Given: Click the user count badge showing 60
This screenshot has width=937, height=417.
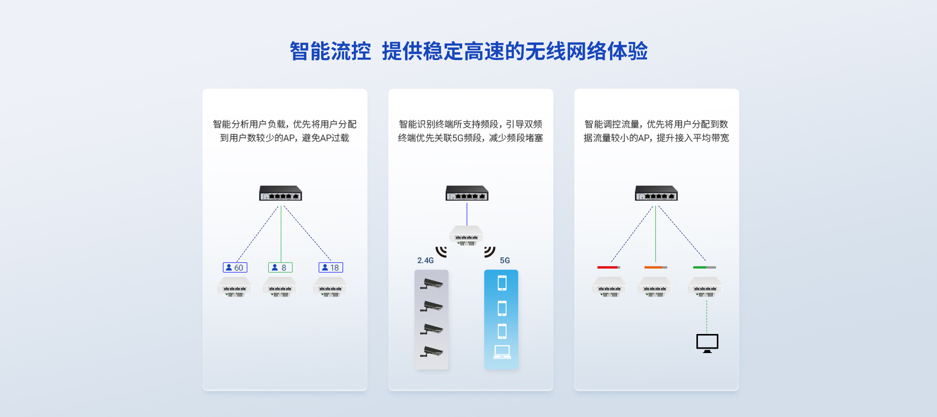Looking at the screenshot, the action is click(x=235, y=268).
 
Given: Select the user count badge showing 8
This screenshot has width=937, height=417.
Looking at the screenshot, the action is click(x=280, y=268).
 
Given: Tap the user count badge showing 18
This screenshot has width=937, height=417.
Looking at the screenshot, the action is click(x=331, y=268).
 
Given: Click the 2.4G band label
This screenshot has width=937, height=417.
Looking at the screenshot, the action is click(x=426, y=261).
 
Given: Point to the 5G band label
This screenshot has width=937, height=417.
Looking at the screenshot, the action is click(x=505, y=261).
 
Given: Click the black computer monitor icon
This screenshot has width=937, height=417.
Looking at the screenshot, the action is click(x=707, y=343).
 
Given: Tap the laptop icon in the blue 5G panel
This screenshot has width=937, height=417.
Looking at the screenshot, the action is click(x=502, y=352).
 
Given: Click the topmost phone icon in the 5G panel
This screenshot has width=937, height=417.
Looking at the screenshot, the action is click(x=502, y=283).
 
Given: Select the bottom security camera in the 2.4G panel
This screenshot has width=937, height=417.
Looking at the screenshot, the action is click(x=431, y=352).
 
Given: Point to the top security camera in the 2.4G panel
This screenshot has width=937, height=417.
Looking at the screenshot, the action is click(x=431, y=283).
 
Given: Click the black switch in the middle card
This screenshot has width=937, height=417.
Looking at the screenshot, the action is click(x=467, y=193).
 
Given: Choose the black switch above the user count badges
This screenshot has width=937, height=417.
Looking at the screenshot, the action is click(x=281, y=193).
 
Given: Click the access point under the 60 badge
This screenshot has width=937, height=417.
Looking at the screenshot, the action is click(x=235, y=287).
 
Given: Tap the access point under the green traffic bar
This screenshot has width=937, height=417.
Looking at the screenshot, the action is click(x=705, y=287).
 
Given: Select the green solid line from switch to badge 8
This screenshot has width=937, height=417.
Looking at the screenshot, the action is click(x=281, y=234).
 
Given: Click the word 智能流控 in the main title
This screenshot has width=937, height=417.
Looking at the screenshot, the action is click(x=330, y=51).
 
